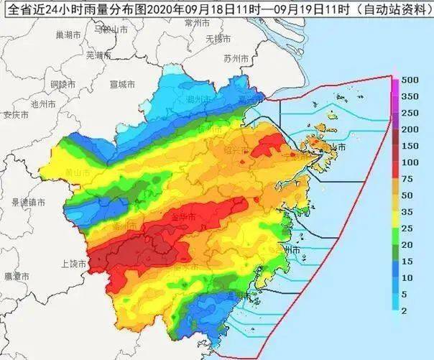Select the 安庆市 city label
coord(15,114)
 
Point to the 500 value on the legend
coord(410,79)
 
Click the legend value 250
coord(410,113)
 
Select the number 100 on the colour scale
coord(410,162)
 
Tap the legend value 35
coord(408,211)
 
